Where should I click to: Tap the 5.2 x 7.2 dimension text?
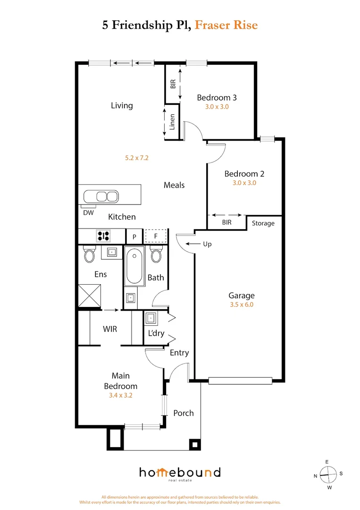pyautogui.click(x=137, y=158)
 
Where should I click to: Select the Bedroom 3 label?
pyautogui.click(x=217, y=98)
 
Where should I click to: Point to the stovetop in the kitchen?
pyautogui.click(x=104, y=235)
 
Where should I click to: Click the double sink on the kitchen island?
pyautogui.click(x=101, y=196)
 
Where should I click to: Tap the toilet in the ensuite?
pyautogui.click(x=89, y=255)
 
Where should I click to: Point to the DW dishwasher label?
pyautogui.click(x=88, y=212)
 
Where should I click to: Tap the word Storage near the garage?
pyautogui.click(x=263, y=223)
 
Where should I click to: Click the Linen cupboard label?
pyautogui.click(x=172, y=122)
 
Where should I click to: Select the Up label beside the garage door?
pyautogui.click(x=207, y=244)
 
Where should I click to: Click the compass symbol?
pyautogui.click(x=328, y=474)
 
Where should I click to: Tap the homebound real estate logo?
pyautogui.click(x=179, y=473)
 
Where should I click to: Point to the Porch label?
pyautogui.click(x=184, y=413)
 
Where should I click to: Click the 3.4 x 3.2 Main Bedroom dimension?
pyautogui.click(x=120, y=396)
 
